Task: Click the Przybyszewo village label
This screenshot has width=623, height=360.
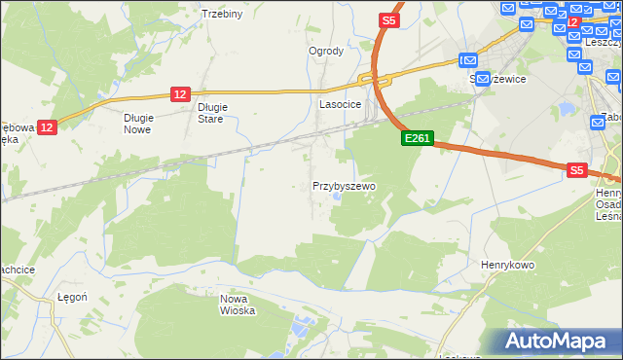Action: pos(344,185)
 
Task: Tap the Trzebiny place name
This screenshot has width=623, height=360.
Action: pos(221,14)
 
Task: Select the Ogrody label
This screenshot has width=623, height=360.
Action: pos(326,52)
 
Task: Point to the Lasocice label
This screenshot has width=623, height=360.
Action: pos(341,103)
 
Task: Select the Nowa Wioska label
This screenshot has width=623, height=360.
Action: pos(238,305)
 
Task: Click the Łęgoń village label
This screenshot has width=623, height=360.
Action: pos(73,298)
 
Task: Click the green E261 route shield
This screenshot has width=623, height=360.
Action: pos(417,139)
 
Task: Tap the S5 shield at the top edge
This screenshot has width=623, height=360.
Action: pos(388,19)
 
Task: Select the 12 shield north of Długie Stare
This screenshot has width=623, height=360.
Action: pos(179,93)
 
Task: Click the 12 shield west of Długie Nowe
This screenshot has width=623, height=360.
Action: pos(49,126)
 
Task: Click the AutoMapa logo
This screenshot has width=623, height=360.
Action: pos(560,341)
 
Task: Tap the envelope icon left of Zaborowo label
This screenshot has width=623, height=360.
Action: pos(598,123)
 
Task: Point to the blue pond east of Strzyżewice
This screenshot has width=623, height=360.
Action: pos(565,108)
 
